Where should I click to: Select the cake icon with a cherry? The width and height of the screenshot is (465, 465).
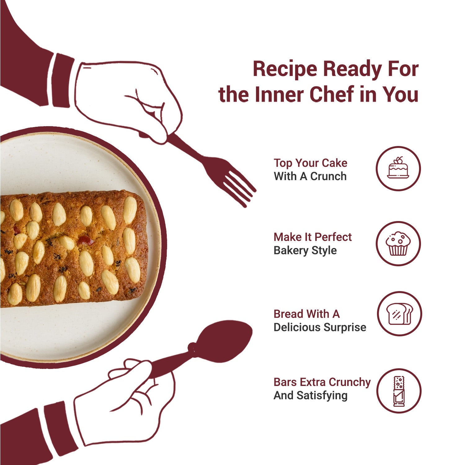point(398,168)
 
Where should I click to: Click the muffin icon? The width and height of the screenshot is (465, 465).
point(398,243)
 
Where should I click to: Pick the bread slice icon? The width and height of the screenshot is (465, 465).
point(400,313)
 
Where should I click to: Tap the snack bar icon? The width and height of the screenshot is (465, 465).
point(399,391)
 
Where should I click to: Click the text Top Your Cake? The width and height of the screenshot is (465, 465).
point(310,163)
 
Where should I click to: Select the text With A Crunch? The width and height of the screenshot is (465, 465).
point(310,176)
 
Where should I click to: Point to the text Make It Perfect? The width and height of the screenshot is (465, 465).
point(312,237)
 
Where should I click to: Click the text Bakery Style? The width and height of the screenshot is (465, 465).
point(305,250)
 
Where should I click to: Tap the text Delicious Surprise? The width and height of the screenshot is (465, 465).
point(320,327)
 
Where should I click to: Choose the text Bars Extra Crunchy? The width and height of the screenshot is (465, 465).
point(322,382)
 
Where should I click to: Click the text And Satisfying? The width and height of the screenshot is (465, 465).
point(310,396)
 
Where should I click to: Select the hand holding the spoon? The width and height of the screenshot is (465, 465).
point(124,403)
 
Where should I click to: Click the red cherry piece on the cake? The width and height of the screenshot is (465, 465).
point(86,240)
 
